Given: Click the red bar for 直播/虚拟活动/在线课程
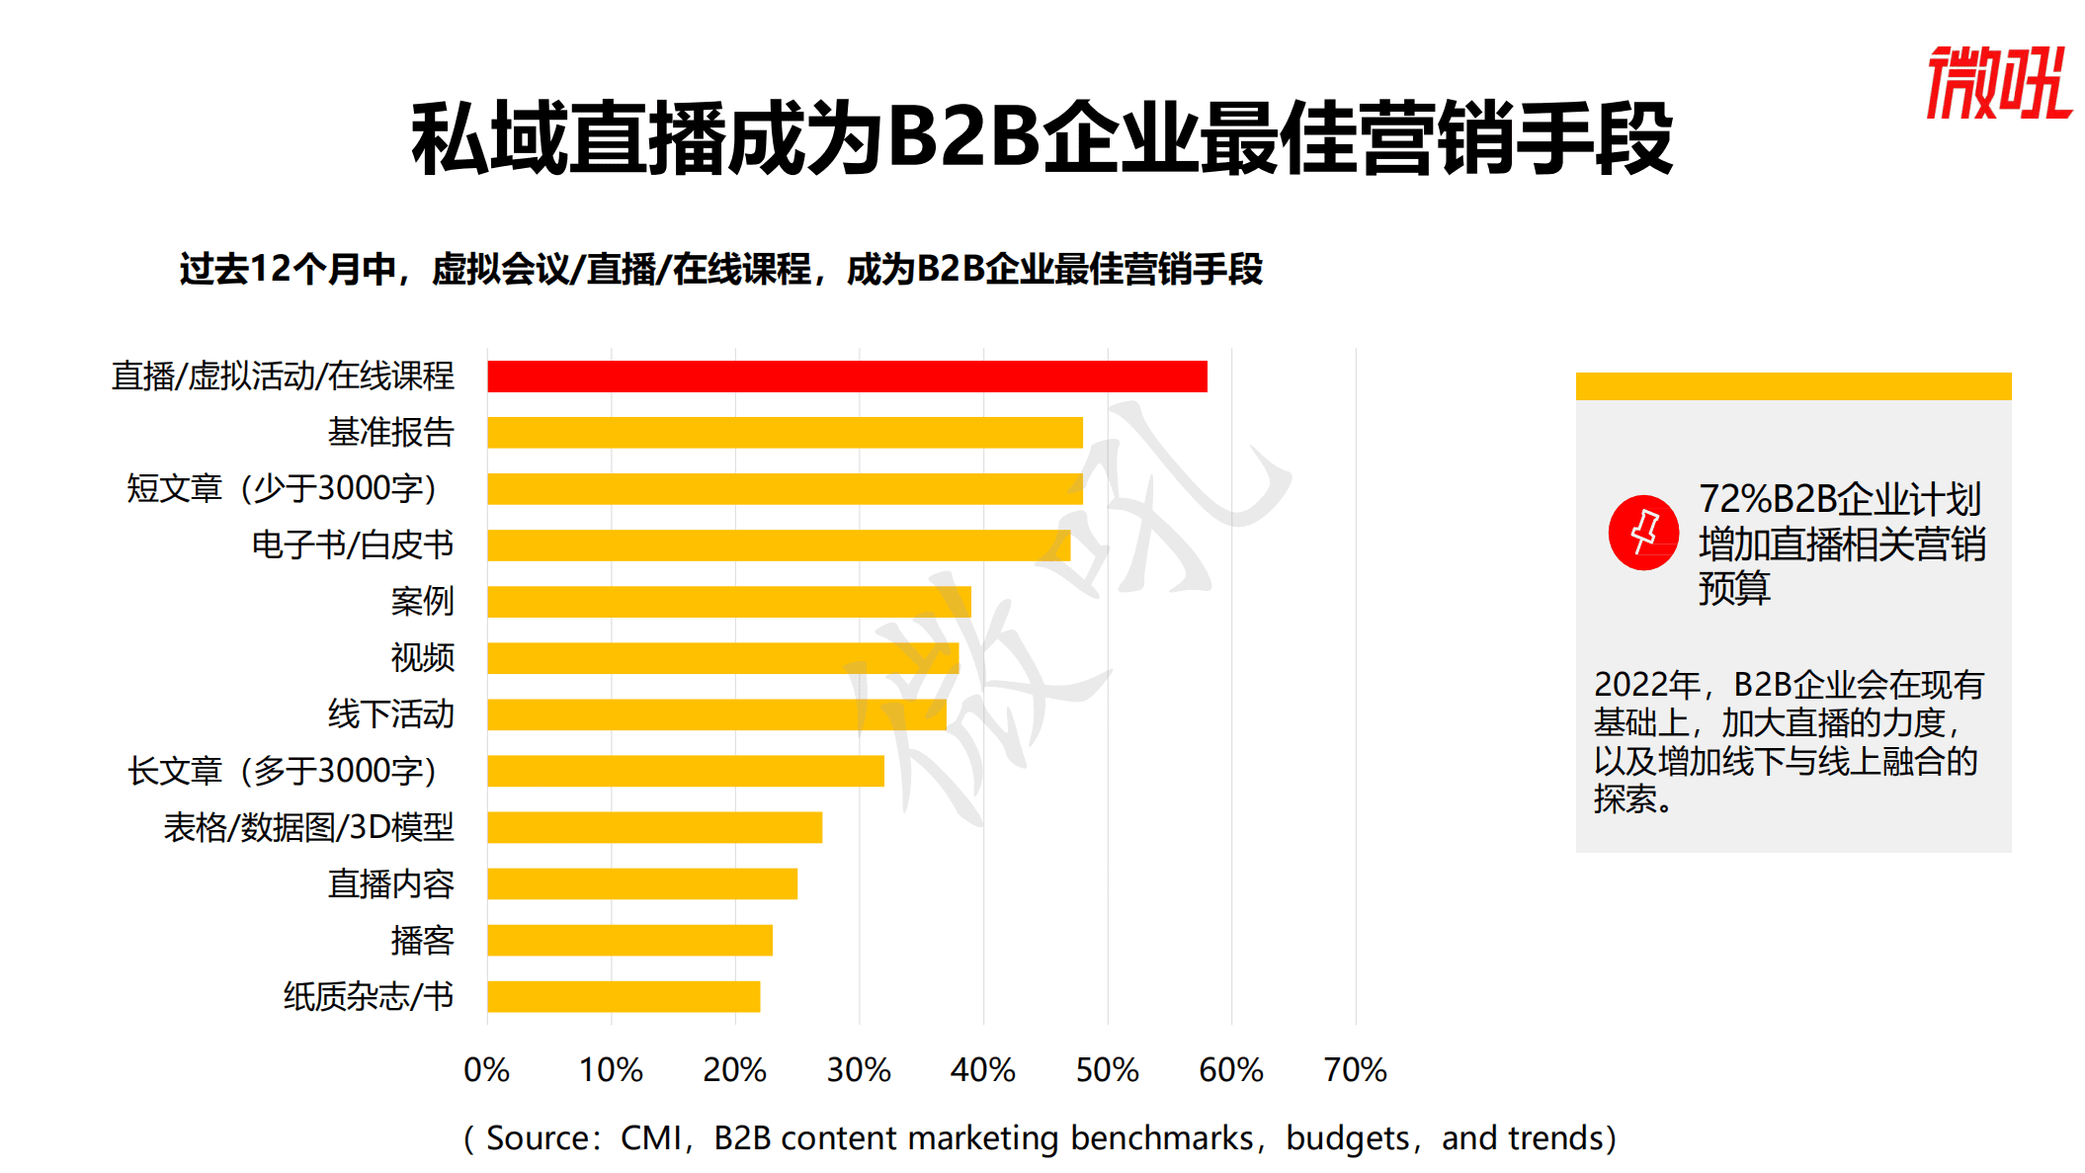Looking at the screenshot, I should click(x=847, y=377).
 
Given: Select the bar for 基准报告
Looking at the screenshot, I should click(x=785, y=433).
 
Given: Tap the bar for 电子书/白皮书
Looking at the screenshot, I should click(x=779, y=545).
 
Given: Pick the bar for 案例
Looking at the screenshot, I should click(x=729, y=602).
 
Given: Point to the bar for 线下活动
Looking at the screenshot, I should click(x=716, y=714).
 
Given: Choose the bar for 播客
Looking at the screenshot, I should click(x=629, y=940).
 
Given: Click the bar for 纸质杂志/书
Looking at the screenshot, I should click(x=624, y=996).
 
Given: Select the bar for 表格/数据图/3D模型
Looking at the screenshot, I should click(x=654, y=827).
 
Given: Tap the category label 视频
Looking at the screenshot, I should click(x=422, y=657).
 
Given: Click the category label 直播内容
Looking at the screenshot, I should click(x=390, y=883).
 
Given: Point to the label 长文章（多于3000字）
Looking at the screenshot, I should click(x=282, y=771).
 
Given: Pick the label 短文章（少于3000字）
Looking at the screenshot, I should click(x=282, y=488).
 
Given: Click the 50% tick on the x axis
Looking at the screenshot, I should click(x=1107, y=1069).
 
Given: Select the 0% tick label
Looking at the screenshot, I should click(x=487, y=1069).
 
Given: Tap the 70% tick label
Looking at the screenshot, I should click(x=1355, y=1069).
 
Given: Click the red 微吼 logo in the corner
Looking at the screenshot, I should click(x=1998, y=83).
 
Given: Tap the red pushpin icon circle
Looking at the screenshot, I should click(x=1643, y=533).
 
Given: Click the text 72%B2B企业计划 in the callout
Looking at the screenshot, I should click(x=1840, y=500).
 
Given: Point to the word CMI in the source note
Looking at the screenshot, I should click(x=650, y=1138).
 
